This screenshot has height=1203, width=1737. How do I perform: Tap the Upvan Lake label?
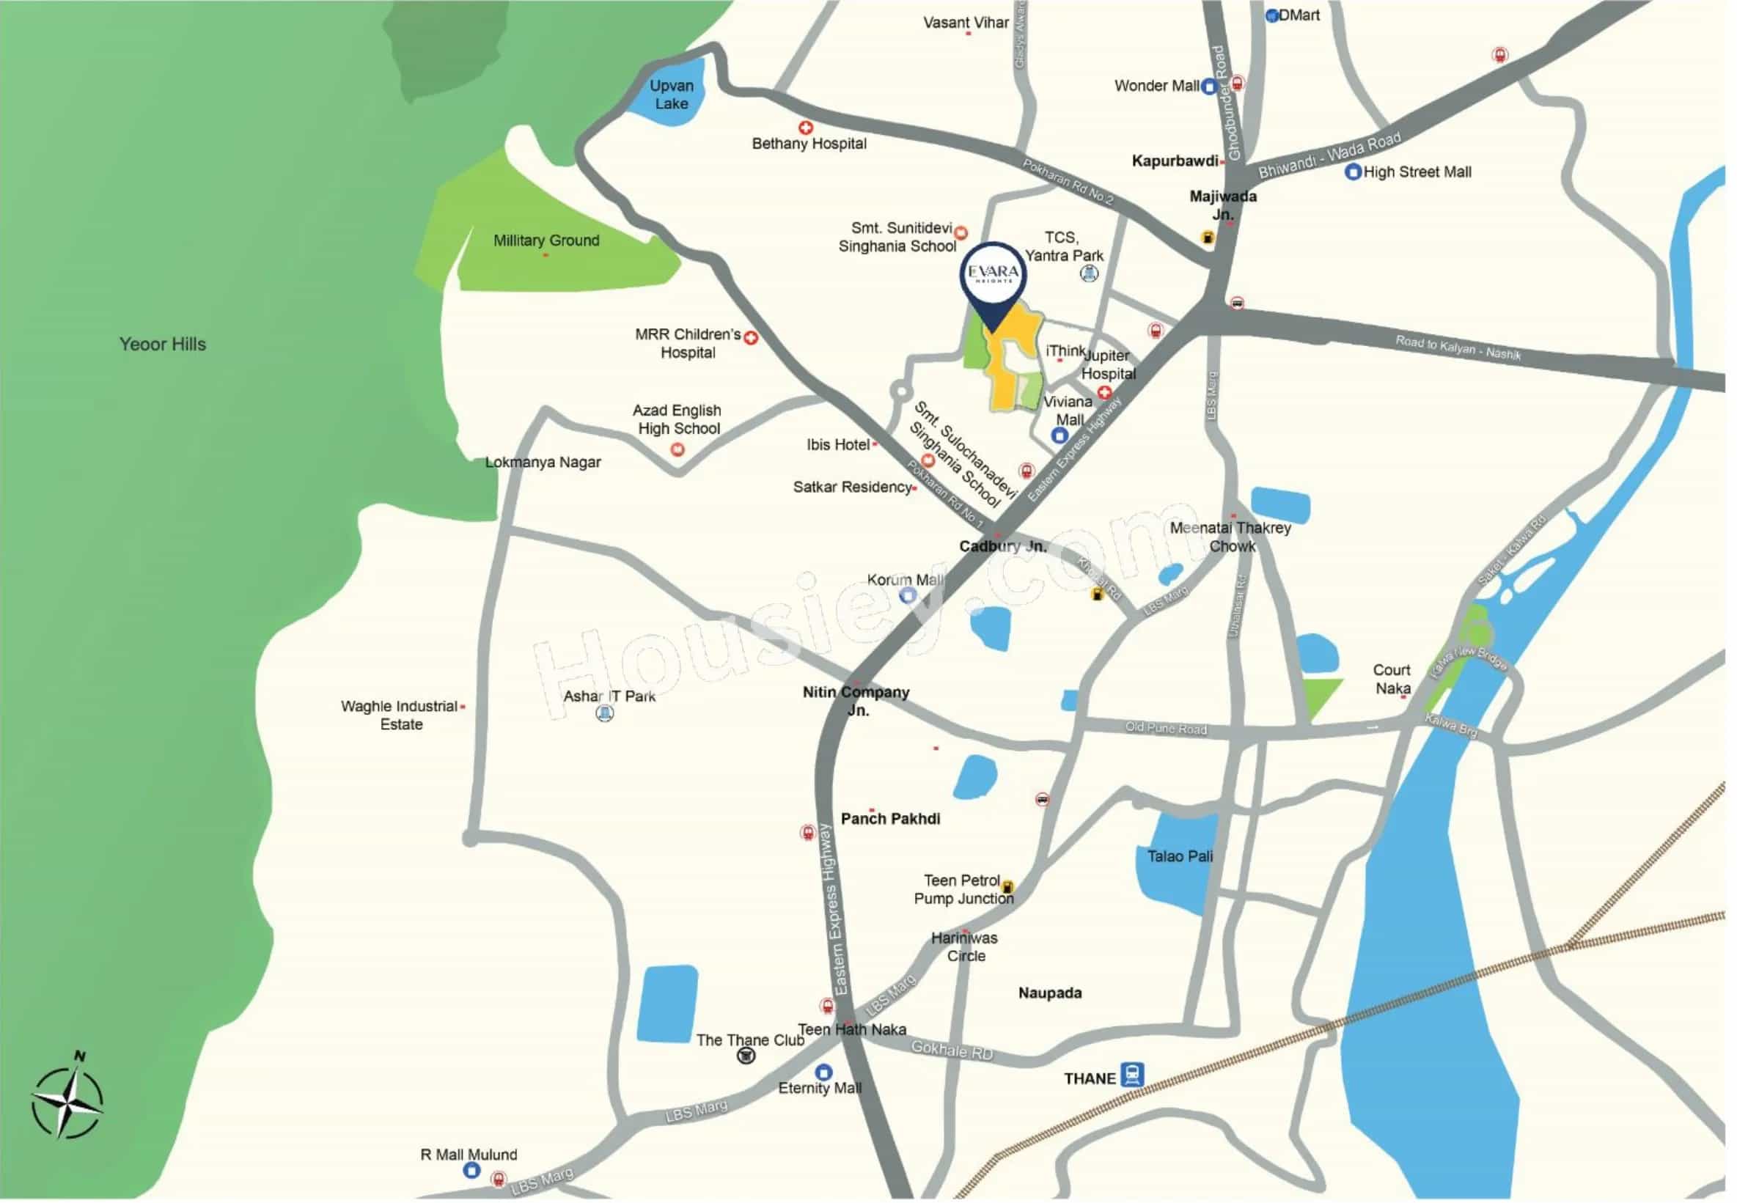click(x=672, y=95)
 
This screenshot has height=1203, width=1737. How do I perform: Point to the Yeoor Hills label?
click(x=162, y=345)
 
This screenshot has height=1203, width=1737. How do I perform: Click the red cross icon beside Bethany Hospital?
click(x=806, y=128)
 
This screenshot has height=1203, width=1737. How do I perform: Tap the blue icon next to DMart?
click(x=1273, y=16)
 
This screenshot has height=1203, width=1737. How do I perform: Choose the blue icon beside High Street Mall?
click(x=1354, y=172)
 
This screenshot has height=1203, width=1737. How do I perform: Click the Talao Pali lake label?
click(x=1180, y=856)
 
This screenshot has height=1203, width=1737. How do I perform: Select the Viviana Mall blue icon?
click(x=1060, y=435)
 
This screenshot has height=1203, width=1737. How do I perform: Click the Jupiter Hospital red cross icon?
click(x=1105, y=392)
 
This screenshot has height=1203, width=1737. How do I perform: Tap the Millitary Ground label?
click(x=546, y=240)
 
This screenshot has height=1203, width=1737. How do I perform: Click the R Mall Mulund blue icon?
click(x=472, y=1170)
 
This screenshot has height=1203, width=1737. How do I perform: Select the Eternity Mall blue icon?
click(x=824, y=1072)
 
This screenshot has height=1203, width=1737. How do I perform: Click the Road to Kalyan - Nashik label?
click(x=1458, y=347)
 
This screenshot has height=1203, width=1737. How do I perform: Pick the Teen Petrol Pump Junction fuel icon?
click(x=1007, y=887)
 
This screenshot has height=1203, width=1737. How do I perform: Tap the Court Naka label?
click(x=1392, y=679)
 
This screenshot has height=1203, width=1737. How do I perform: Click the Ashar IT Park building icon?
click(x=605, y=713)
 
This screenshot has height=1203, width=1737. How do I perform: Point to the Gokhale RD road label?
click(x=952, y=1049)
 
